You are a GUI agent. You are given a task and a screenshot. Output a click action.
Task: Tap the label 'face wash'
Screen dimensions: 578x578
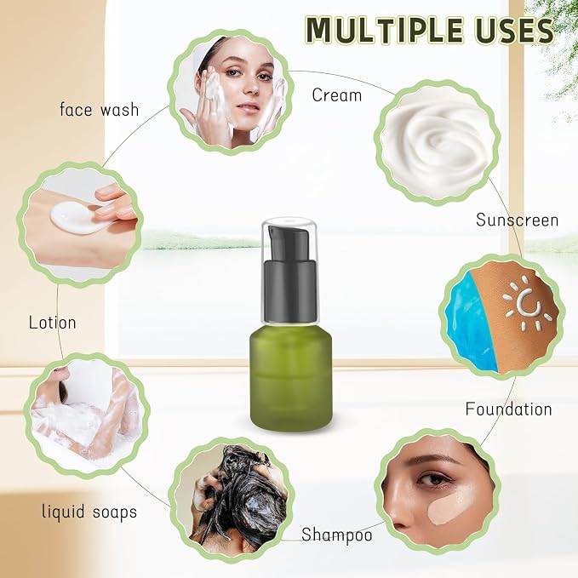click(99, 110)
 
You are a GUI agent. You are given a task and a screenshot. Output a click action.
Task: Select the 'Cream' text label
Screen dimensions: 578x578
click(336, 95)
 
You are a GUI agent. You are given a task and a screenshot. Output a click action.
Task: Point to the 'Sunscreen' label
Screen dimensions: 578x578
click(518, 220)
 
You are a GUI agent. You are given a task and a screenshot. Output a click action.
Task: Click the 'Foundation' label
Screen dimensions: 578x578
click(509, 409)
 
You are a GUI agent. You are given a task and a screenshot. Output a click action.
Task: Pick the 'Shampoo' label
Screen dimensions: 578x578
click(337, 535)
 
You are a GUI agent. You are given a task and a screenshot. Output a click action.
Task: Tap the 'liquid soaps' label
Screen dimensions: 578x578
click(89, 512)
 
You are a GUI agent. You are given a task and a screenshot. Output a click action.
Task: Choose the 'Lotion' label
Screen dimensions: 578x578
click(52, 323)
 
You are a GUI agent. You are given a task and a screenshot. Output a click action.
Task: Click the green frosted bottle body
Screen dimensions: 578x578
click(291, 379)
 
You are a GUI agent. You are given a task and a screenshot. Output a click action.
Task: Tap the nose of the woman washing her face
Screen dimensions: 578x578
click(251, 88)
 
